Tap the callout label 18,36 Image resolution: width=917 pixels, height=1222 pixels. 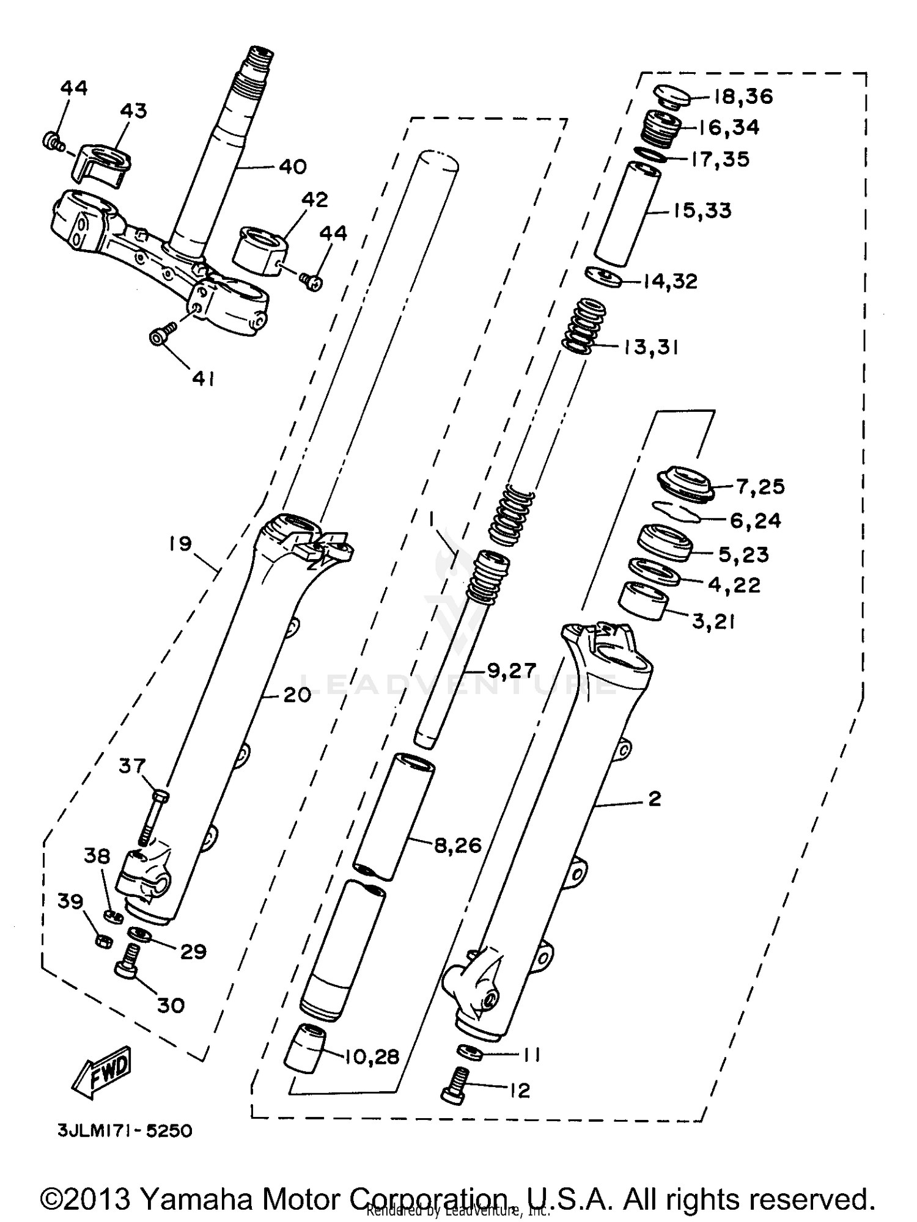(742, 97)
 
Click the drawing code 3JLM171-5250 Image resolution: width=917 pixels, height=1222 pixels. (125, 1131)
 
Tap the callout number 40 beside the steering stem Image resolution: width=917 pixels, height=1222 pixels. (292, 167)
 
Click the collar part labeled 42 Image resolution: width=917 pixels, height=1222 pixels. (259, 251)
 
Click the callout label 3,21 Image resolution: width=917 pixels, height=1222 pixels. (713, 622)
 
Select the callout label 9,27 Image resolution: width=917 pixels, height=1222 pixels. (511, 670)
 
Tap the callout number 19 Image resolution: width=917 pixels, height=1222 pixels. (181, 544)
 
